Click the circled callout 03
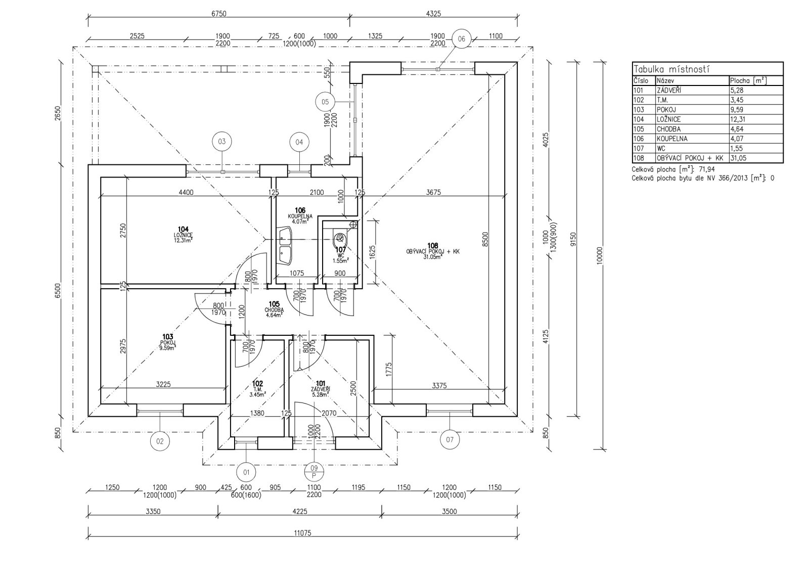(x=221, y=142)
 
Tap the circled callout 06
(x=461, y=38)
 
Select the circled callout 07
(x=450, y=439)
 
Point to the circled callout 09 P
(x=314, y=471)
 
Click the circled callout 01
(x=247, y=472)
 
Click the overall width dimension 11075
(x=302, y=543)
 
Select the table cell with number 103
(x=638, y=110)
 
